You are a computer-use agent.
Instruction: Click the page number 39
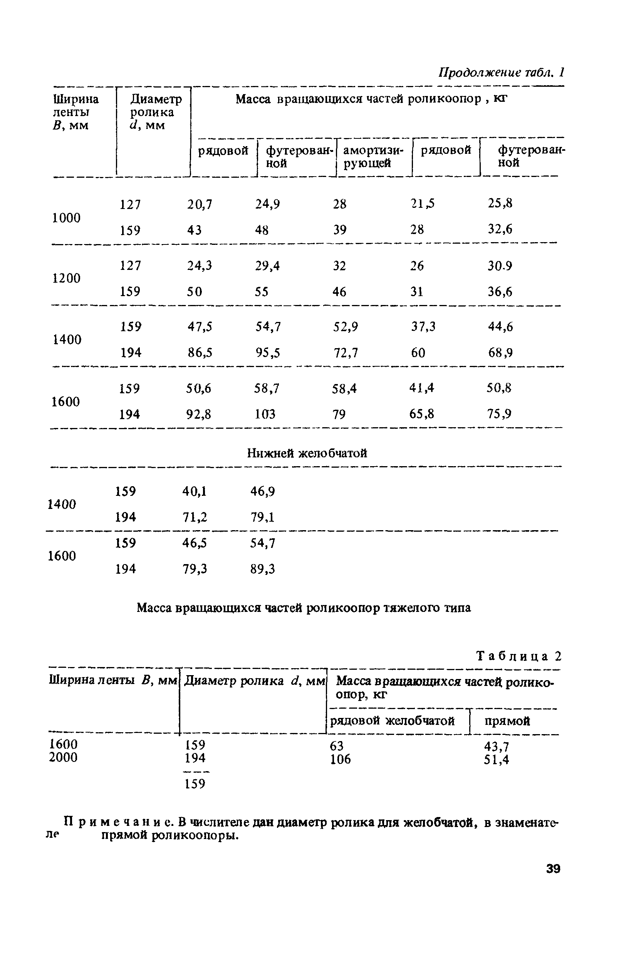[x=553, y=869]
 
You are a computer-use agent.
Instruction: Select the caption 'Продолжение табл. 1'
[x=501, y=72]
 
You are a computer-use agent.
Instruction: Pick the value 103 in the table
[x=265, y=414]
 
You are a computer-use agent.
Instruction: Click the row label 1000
[x=67, y=218]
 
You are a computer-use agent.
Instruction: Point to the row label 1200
[x=67, y=278]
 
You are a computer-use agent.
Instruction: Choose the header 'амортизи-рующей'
[x=373, y=157]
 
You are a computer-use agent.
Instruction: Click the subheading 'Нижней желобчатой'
[x=307, y=453]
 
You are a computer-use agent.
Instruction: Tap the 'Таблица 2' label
[x=519, y=656]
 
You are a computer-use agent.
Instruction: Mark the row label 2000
[x=63, y=757]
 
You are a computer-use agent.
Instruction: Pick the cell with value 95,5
[x=267, y=352]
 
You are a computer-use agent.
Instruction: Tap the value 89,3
[x=262, y=569]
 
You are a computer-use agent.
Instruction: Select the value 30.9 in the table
[x=500, y=266]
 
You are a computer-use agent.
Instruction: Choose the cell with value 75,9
[x=499, y=414]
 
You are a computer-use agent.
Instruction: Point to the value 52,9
[x=346, y=327]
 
